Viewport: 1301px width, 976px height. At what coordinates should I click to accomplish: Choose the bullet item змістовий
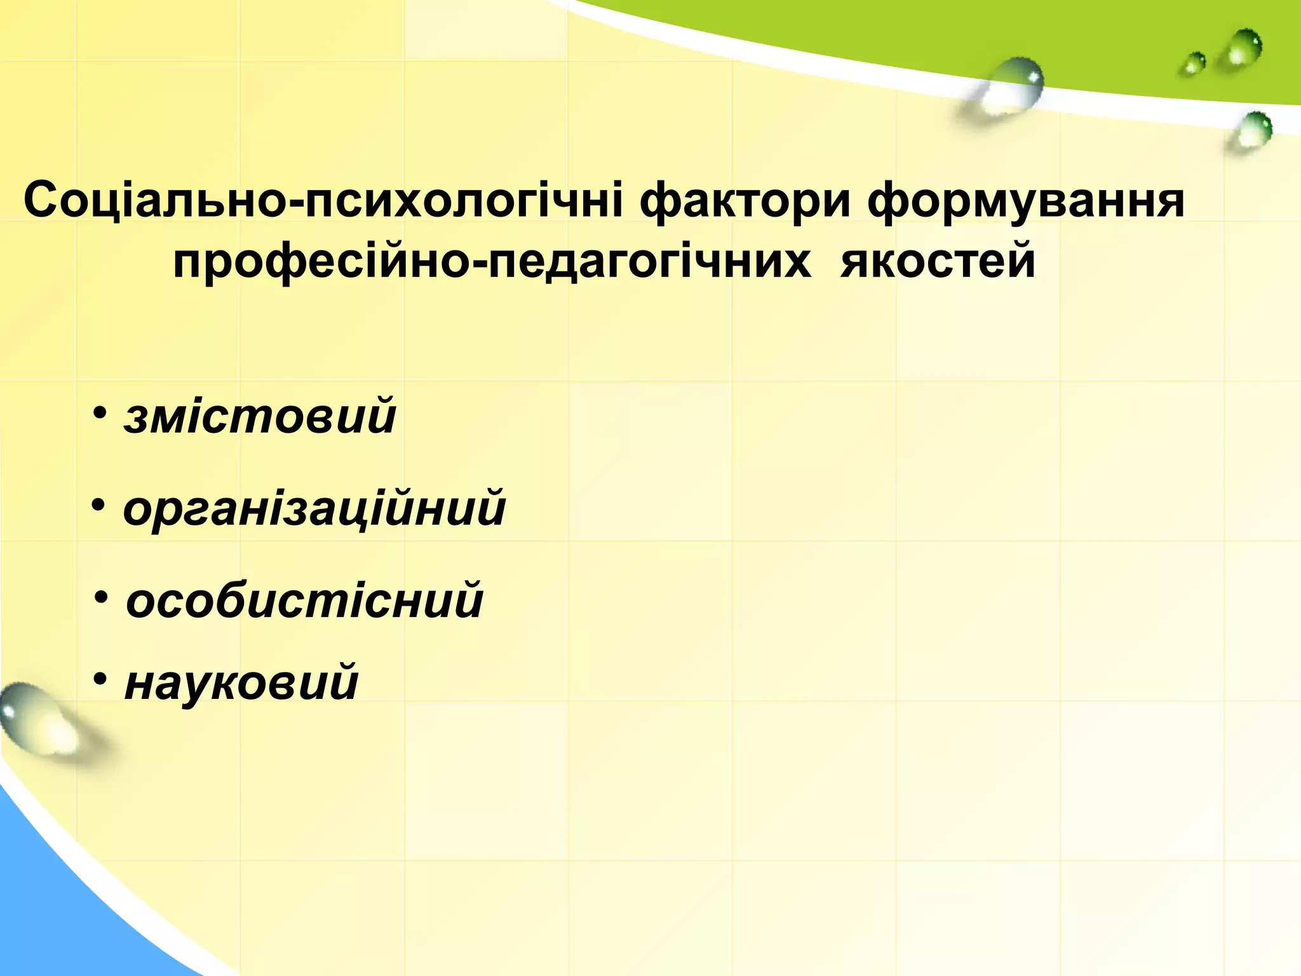tap(260, 417)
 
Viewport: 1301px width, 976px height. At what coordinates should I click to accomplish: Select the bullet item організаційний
tap(314, 509)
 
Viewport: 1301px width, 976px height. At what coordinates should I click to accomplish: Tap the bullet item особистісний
tap(305, 600)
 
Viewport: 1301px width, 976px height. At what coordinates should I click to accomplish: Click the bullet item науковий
tap(242, 683)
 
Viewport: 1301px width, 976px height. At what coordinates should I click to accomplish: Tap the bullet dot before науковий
tap(100, 679)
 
